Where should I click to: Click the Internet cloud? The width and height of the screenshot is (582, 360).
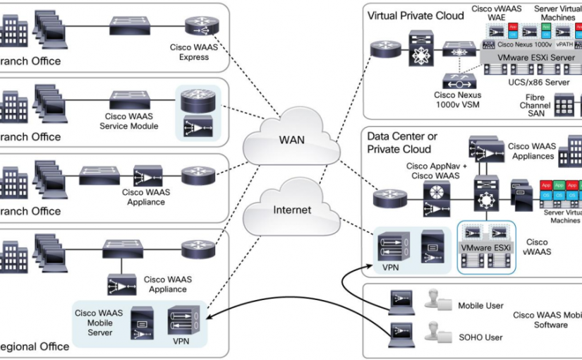pos(292,210)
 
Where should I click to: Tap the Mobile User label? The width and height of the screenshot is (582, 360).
pos(480,306)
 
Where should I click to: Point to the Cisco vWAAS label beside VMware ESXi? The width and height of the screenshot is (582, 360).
pos(537,246)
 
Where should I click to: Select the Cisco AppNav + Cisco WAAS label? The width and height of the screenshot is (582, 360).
pos(432,171)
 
